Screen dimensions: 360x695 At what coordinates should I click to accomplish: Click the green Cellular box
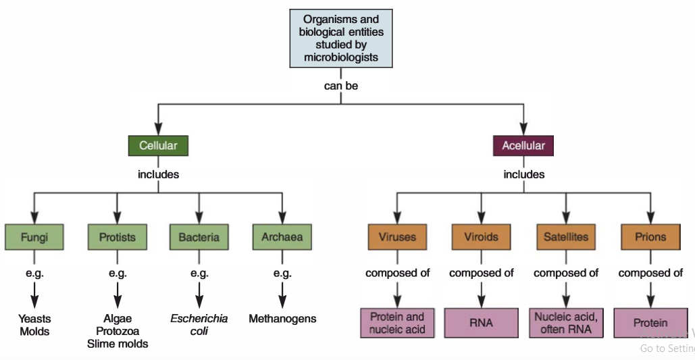tap(158, 146)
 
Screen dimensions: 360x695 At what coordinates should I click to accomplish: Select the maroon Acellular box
tap(523, 146)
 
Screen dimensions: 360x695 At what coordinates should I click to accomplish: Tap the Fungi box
tap(34, 237)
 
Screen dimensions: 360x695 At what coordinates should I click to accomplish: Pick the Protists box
tap(118, 237)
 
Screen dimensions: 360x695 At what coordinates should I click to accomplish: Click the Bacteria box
tap(199, 237)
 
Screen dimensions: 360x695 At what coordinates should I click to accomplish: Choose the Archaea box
tap(282, 237)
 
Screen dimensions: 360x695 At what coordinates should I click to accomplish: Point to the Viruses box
tap(397, 237)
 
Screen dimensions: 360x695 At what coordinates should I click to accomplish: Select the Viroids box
tap(481, 237)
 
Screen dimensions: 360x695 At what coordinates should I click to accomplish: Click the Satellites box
tap(566, 237)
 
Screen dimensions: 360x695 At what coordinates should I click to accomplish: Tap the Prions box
tap(650, 237)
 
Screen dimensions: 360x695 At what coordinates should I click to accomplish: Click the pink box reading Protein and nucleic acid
tap(397, 323)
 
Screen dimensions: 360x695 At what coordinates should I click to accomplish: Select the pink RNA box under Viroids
tap(481, 323)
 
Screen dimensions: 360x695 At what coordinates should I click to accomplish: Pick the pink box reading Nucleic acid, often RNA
tap(566, 323)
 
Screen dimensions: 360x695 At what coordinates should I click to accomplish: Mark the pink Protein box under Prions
tap(650, 323)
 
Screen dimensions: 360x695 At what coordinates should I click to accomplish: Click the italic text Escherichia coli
tap(199, 325)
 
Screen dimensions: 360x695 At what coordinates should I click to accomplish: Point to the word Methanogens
tap(282, 319)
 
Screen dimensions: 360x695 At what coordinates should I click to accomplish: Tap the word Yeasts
tap(35, 319)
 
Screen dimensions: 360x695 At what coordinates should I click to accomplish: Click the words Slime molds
tap(118, 344)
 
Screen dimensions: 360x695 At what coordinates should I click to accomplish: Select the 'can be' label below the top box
tap(341, 86)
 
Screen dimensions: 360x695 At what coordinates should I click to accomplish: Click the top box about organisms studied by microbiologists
tap(341, 38)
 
